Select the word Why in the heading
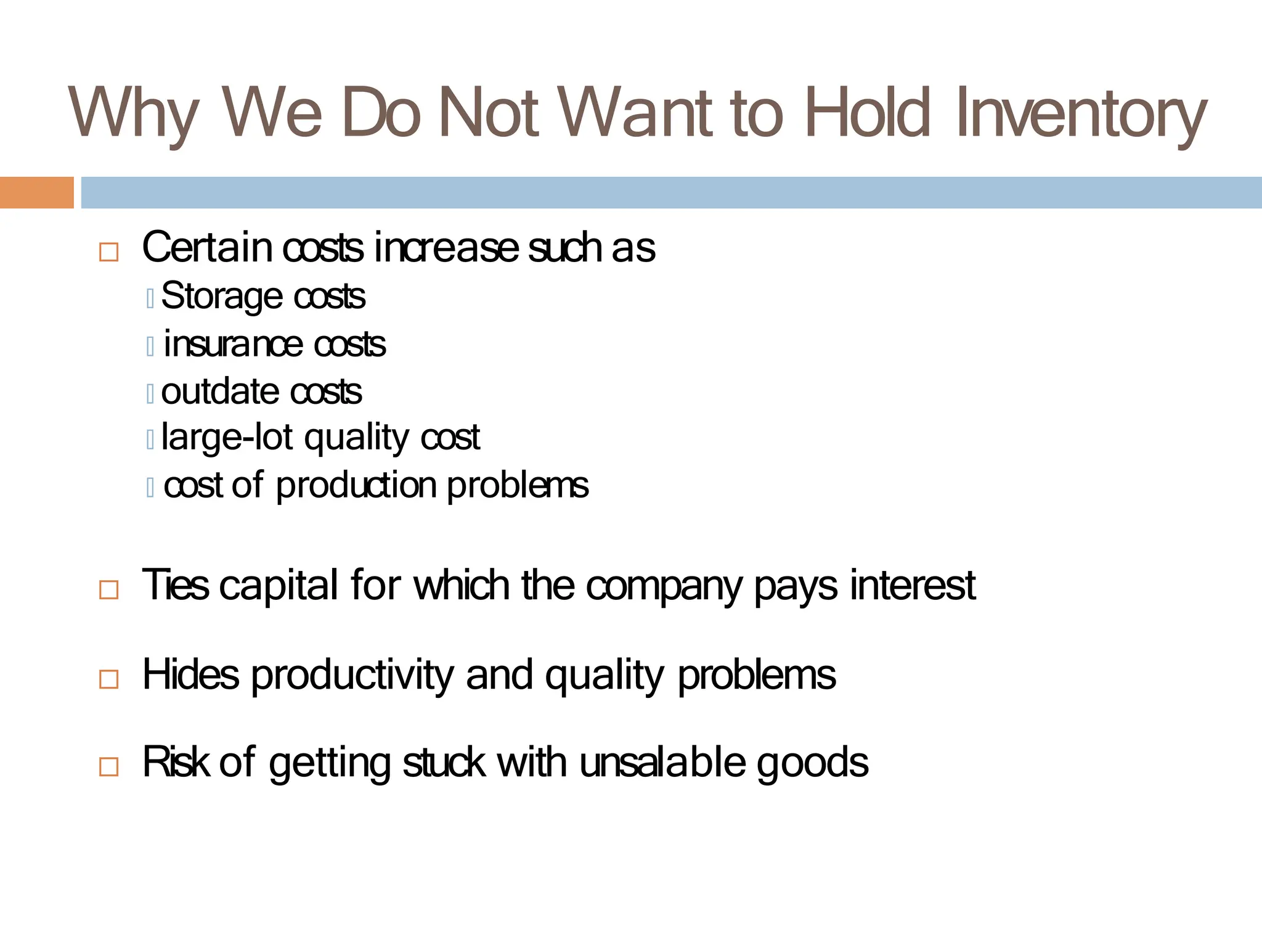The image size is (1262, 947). [x=133, y=113]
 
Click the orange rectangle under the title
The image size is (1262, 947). [x=36, y=192]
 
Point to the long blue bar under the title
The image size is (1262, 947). [x=671, y=192]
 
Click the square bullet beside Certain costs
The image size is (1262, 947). [x=109, y=252]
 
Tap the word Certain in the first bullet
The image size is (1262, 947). [x=207, y=247]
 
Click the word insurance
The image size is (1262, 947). [x=233, y=344]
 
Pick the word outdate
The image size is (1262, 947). [x=219, y=392]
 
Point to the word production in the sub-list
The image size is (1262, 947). [x=356, y=486]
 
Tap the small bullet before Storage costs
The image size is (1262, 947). [x=150, y=299]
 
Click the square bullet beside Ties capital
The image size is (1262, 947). [x=109, y=589]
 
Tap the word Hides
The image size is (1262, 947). [x=190, y=674]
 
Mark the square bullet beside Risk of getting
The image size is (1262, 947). [x=109, y=767]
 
